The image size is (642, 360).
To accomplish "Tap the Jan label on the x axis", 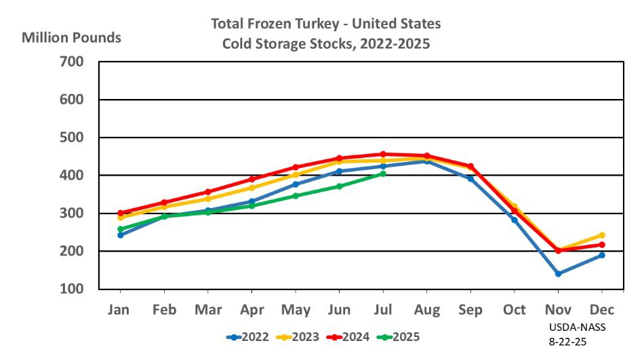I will (x=120, y=310).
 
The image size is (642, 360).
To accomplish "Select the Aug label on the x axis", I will (x=426, y=310).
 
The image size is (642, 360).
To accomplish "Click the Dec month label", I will (x=601, y=310).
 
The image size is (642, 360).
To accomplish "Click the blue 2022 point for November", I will (x=558, y=274).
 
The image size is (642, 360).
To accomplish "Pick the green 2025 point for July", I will (x=383, y=174).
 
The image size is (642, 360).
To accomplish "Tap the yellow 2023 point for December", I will (x=601, y=235).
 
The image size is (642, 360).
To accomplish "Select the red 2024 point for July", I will (x=383, y=154).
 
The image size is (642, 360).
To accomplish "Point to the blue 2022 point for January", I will (x=120, y=235).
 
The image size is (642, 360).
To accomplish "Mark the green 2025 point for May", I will (x=296, y=196).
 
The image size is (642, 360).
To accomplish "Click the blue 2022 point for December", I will (x=601, y=255).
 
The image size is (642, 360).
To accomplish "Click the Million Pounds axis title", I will (x=71, y=37).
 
